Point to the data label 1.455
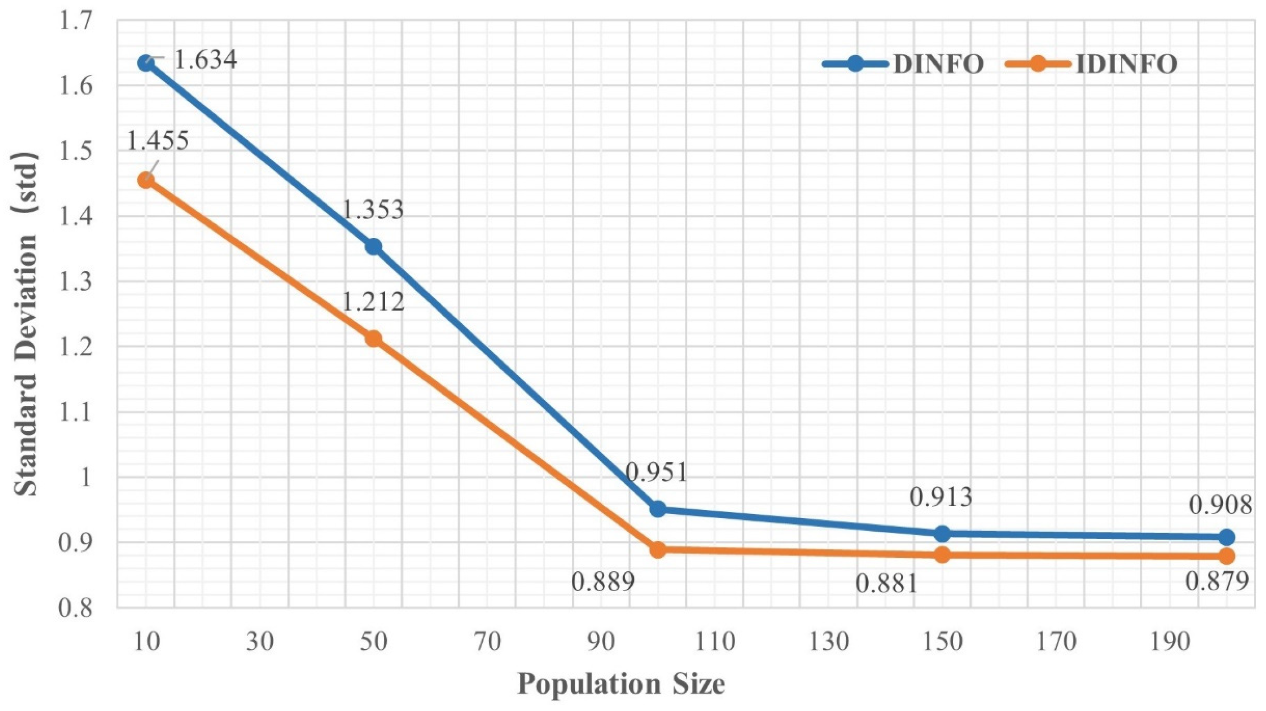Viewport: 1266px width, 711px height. pyautogui.click(x=158, y=141)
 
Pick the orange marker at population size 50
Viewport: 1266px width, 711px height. pyautogui.click(x=374, y=339)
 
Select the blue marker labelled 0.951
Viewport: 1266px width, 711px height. pyautogui.click(x=658, y=509)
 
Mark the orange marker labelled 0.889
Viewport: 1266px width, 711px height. pyautogui.click(x=658, y=549)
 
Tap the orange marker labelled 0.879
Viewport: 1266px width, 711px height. pyautogui.click(x=1227, y=556)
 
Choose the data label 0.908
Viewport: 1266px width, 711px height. pyautogui.click(x=1220, y=505)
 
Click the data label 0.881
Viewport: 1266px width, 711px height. pyautogui.click(x=886, y=585)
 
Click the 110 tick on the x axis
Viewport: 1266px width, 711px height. pyautogui.click(x=715, y=642)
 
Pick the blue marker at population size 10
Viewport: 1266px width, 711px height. pyautogui.click(x=146, y=64)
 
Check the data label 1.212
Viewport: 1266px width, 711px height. pyautogui.click(x=373, y=301)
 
